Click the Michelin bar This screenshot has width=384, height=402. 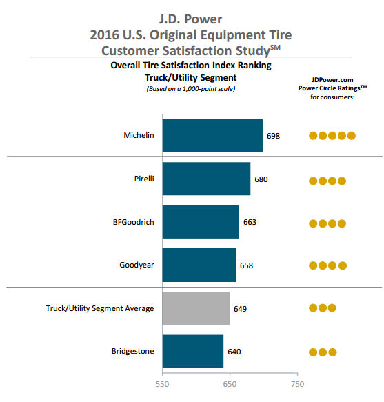(212, 135)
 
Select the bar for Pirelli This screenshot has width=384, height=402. (206, 179)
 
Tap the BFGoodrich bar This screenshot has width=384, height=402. (201, 222)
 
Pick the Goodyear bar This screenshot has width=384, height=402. (199, 265)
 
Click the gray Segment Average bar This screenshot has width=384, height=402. (196, 308)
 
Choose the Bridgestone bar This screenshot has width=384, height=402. (193, 352)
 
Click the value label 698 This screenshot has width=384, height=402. (273, 136)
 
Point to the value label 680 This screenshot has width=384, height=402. (261, 179)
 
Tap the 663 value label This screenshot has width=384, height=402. (250, 222)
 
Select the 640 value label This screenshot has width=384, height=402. (234, 352)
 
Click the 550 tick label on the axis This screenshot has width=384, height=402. (162, 384)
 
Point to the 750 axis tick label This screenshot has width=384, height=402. (297, 384)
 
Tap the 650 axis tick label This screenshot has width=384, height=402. (230, 384)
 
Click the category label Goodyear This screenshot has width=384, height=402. (137, 265)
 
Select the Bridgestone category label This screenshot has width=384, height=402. (133, 351)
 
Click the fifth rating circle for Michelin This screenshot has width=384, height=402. (352, 136)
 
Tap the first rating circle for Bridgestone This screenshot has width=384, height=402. (313, 352)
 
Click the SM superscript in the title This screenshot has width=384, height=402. (275, 48)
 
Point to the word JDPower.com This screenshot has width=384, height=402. (332, 80)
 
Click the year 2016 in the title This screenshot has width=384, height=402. (105, 35)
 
